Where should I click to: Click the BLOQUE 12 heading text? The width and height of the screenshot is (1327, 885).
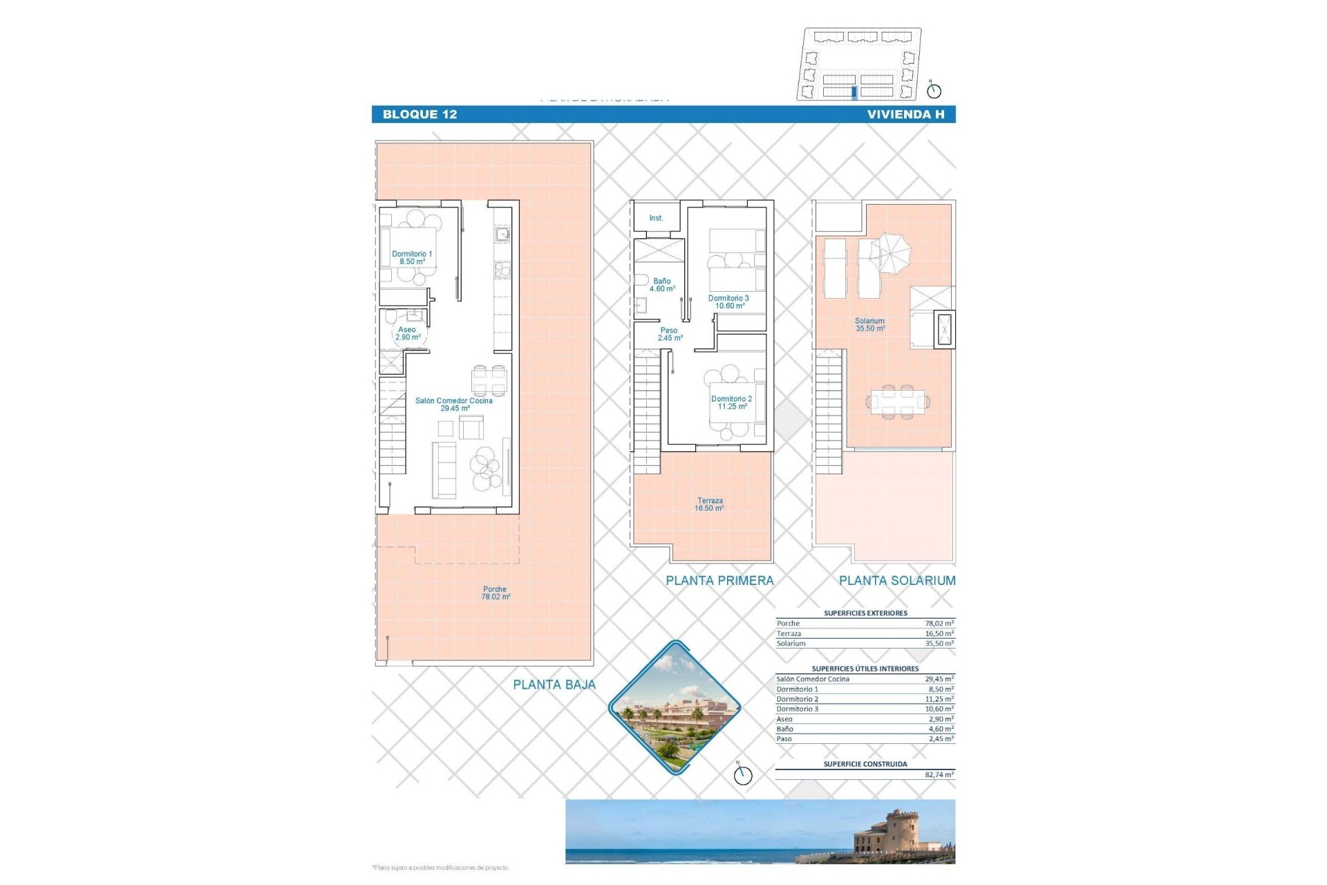pos(420,115)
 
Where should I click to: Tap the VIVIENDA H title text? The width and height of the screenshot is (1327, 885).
pos(905,115)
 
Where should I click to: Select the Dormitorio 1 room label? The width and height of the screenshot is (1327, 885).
pos(412,258)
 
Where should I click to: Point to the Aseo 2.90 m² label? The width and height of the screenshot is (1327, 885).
pos(407,333)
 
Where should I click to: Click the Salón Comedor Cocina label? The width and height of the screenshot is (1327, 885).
pos(454,404)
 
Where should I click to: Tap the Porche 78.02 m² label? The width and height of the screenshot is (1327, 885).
pos(495,593)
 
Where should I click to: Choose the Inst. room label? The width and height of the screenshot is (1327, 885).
pos(656,218)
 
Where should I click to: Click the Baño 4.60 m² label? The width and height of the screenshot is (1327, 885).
pos(662,285)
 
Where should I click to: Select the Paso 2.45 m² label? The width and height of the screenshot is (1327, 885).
pos(669,335)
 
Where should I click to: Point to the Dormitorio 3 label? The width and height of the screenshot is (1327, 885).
pos(728,302)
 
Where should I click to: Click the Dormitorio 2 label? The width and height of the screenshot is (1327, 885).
pos(731,402)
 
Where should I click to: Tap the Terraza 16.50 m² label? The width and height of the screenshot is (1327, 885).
pos(710,505)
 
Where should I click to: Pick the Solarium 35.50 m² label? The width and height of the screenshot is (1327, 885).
pos(869,325)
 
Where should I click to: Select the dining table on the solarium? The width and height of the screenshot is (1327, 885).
pos(897,402)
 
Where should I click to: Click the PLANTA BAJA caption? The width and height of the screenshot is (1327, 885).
pos(554,685)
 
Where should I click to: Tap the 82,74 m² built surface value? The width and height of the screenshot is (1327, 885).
pos(939,775)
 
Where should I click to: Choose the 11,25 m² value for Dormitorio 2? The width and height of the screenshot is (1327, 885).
pos(939,699)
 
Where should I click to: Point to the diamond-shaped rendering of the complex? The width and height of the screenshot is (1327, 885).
pos(675,707)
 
